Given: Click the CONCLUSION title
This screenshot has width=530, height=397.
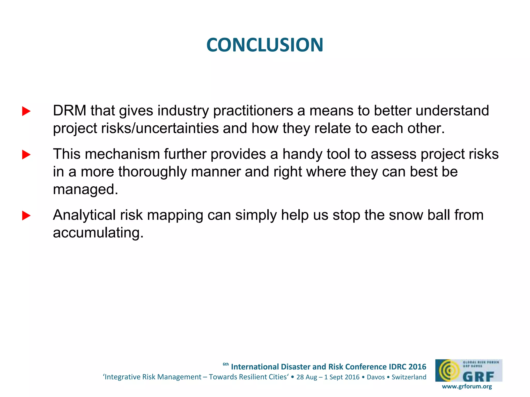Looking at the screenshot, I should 265,45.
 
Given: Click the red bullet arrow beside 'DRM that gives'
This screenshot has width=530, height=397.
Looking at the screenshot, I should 26,111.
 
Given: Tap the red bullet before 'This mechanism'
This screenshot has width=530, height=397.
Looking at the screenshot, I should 26,155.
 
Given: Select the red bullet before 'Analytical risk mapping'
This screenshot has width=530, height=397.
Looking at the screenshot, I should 26,216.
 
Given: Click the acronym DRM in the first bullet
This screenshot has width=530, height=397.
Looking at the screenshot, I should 69,111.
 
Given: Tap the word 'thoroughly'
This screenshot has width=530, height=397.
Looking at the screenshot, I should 152,172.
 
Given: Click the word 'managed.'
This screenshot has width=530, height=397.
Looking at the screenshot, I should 85,189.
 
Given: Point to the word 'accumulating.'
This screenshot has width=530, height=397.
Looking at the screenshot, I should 98,233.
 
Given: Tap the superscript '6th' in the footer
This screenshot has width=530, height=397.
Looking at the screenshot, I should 226,364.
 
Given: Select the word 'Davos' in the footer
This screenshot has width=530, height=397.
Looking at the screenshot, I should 376,377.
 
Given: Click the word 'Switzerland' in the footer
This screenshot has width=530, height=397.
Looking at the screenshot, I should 409,377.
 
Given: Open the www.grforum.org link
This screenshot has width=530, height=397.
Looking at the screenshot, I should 467,386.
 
